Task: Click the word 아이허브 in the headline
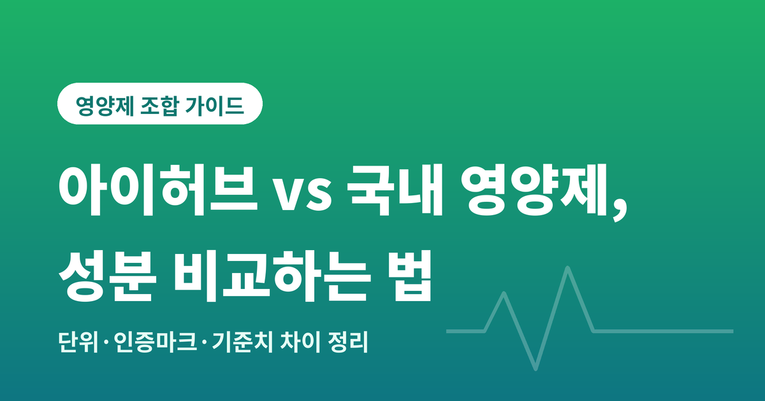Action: (158, 190)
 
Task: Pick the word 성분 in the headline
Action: (108, 276)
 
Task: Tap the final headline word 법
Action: (412, 276)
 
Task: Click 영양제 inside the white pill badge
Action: (105, 106)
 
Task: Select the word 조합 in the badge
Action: (159, 106)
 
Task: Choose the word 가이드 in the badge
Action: (215, 106)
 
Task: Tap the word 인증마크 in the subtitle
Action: (156, 342)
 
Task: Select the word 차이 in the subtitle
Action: (300, 342)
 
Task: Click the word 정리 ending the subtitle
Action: (347, 342)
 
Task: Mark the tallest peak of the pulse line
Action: (567, 269)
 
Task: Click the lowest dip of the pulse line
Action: (535, 369)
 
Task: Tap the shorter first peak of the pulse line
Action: (504, 293)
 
